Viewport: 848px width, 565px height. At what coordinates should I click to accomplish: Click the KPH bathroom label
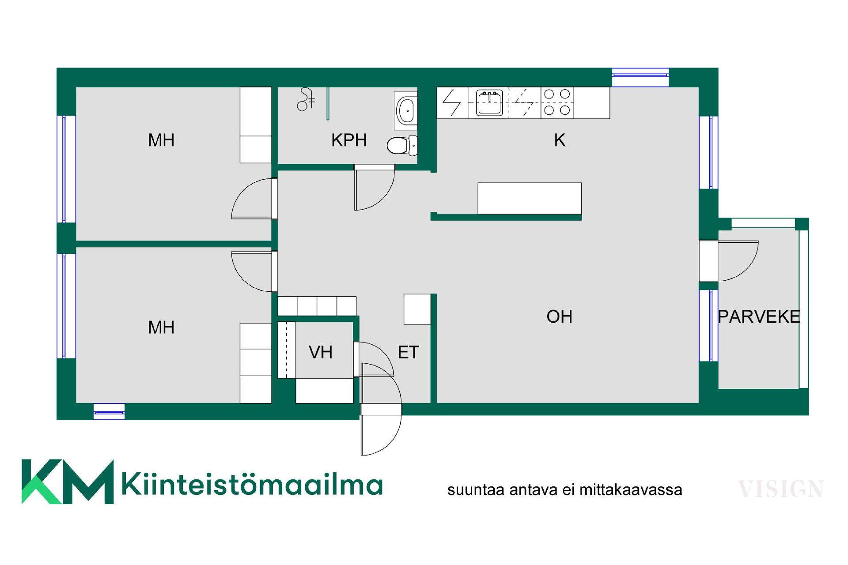[x=349, y=140]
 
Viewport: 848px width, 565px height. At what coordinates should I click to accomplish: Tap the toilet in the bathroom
[x=402, y=145]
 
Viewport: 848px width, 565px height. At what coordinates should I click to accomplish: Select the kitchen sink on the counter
[x=489, y=103]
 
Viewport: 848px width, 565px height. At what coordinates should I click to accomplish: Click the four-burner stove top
[x=557, y=102]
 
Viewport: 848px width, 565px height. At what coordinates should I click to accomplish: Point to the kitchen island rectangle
[x=530, y=198]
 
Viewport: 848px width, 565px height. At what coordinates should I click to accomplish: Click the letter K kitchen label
[x=560, y=140]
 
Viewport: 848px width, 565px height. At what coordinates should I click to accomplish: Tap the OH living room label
[x=559, y=316]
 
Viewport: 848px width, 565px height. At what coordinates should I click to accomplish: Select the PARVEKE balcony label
[x=759, y=316]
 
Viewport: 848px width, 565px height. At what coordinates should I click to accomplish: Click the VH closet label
[x=321, y=352]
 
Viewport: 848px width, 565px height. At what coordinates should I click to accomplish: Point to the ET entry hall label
[x=408, y=352]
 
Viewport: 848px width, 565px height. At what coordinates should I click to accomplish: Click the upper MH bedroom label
[x=161, y=140]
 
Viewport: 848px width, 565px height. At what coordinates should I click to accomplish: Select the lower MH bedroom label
[x=161, y=328]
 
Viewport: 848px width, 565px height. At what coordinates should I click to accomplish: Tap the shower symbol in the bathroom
[x=306, y=99]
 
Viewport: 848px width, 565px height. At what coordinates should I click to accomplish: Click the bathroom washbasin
[x=406, y=110]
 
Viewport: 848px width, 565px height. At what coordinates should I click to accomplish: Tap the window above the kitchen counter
[x=640, y=77]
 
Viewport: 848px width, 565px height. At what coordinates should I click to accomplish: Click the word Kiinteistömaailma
[x=252, y=484]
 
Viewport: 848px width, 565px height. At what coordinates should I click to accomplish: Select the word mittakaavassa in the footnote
[x=631, y=490]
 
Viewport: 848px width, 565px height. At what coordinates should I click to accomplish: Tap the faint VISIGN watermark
[x=781, y=489]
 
